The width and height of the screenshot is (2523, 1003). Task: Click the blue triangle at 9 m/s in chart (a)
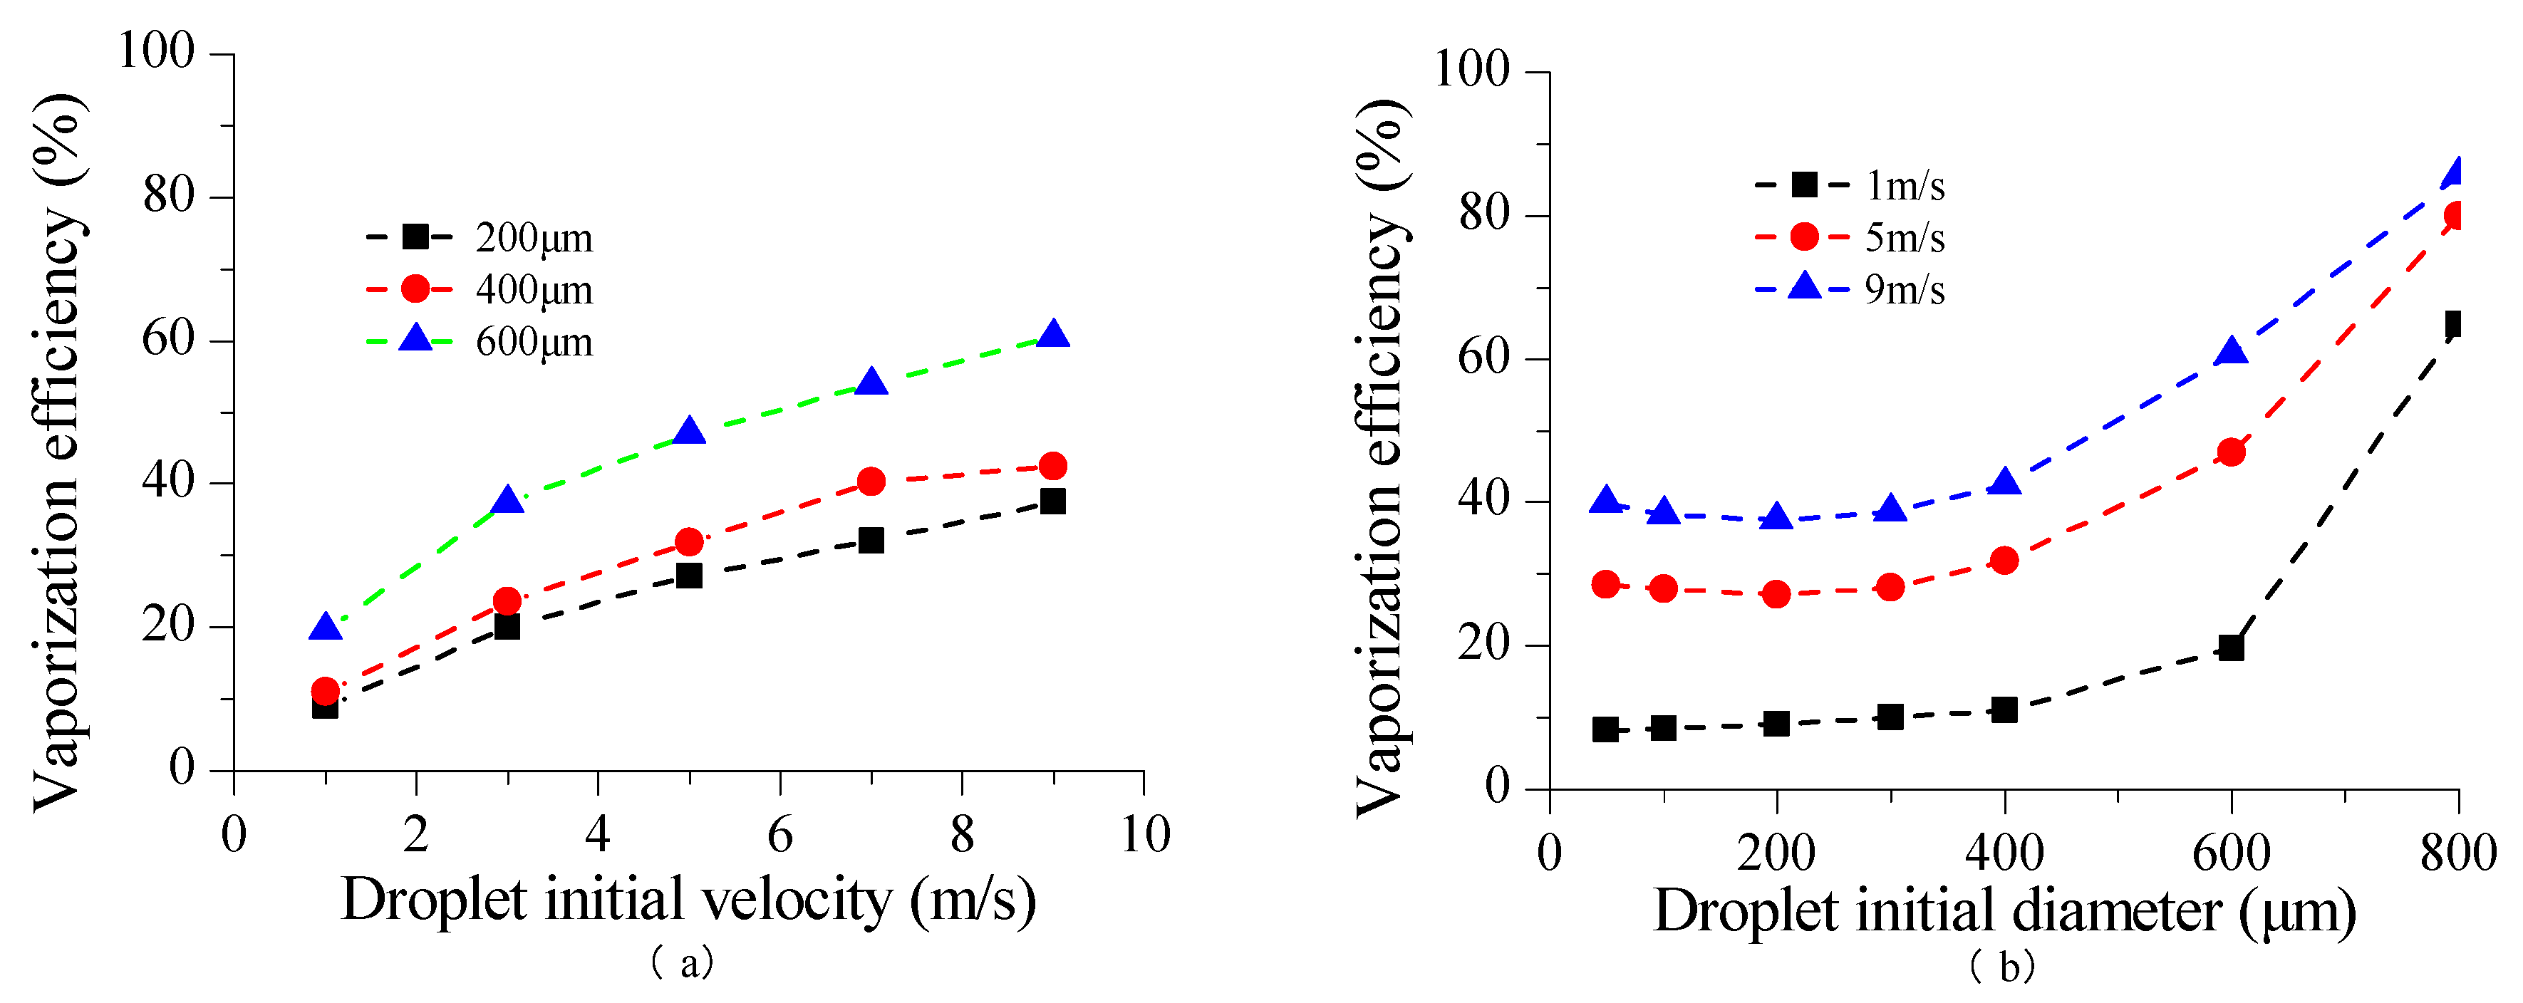1053,335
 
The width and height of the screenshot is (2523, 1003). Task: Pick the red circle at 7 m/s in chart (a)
871,481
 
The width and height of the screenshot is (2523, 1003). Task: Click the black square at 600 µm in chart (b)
2231,648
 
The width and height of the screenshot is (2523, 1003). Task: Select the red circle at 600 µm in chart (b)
2231,452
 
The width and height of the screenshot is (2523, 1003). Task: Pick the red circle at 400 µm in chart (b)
2004,560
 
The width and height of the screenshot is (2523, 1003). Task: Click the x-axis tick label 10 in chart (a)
1144,836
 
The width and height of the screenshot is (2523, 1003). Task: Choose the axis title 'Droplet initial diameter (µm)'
2004,911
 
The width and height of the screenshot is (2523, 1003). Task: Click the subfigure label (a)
683,964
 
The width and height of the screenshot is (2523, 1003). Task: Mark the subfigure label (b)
2002,967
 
